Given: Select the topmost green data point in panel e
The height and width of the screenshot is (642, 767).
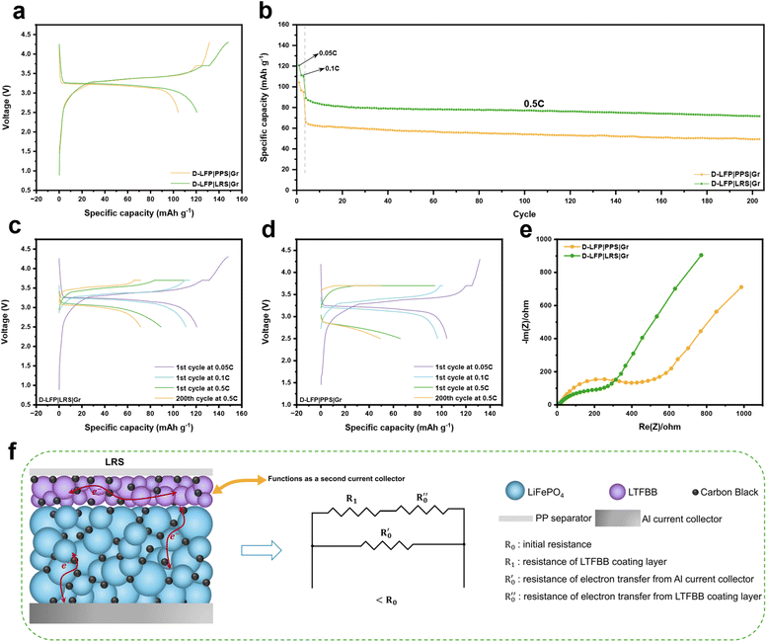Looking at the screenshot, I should (x=701, y=255).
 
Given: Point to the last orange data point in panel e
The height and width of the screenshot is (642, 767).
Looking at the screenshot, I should (x=740, y=287).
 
